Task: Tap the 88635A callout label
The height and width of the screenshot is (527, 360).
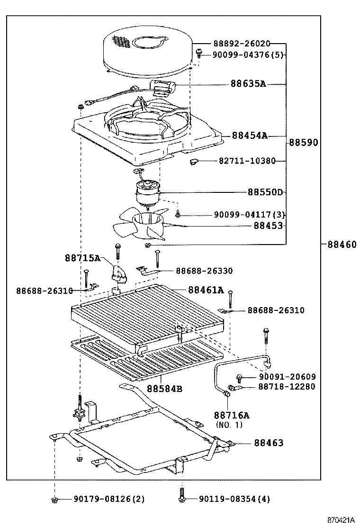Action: click(248, 84)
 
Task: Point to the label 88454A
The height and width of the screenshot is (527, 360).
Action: click(250, 136)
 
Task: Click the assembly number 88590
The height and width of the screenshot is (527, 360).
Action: click(304, 142)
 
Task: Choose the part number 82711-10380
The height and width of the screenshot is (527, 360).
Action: click(247, 161)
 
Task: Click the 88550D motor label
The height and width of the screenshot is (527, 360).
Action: click(265, 192)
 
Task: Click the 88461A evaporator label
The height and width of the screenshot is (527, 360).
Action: click(206, 290)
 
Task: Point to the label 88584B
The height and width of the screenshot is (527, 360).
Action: click(164, 389)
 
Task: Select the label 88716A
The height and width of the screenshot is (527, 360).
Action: click(232, 415)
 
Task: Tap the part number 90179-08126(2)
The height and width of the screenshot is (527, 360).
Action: click(109, 499)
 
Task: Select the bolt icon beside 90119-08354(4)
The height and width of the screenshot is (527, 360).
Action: click(181, 497)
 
